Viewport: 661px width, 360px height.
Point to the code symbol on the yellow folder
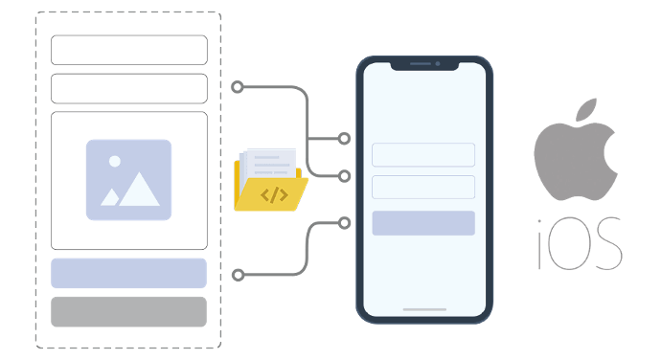(x=274, y=195)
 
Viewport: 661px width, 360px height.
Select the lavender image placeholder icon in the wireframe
(x=128, y=180)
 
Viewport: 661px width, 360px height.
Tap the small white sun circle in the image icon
(x=115, y=161)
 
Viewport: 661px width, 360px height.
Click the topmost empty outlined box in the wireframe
(x=128, y=50)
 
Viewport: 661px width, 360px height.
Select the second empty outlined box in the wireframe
(x=128, y=88)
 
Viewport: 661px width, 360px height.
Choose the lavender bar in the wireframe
(x=128, y=273)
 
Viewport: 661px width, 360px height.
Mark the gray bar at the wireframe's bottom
(x=128, y=311)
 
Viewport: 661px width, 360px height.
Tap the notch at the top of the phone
(x=423, y=64)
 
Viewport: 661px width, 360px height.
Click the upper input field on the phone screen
(x=423, y=155)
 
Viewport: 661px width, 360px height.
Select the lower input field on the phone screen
(x=423, y=187)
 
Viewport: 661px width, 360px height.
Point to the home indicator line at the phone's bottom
(x=423, y=309)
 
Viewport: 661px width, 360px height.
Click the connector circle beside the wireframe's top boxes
(x=237, y=87)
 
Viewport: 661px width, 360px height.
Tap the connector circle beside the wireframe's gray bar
(x=237, y=275)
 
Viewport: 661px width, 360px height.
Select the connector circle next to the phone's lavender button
(x=345, y=222)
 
